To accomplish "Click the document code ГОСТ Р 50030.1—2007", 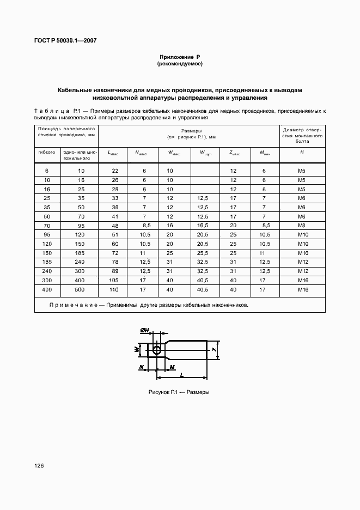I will click(x=62, y=40).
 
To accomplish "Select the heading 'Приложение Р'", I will click(x=180, y=57).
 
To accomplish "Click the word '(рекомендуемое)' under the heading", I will click(x=180, y=64).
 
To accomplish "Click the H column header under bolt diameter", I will click(x=302, y=153).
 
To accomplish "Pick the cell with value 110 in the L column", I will click(x=115, y=290).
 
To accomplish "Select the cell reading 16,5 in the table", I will click(x=202, y=224).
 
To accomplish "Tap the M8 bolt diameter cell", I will click(x=302, y=224).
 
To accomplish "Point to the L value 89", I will click(x=115, y=271).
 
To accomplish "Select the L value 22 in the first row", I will click(x=115, y=171).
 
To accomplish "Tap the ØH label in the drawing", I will click(x=145, y=331).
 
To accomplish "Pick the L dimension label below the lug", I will click(x=180, y=375).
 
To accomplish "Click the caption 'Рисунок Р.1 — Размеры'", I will click(x=179, y=392).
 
